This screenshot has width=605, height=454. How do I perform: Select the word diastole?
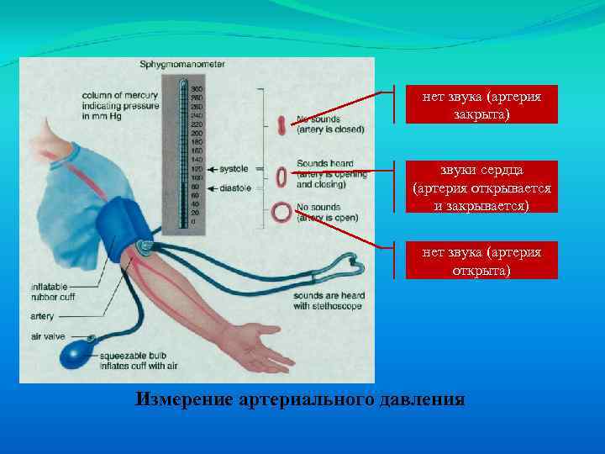tap(233, 187)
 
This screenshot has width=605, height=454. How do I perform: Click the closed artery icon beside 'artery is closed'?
tap(281, 125)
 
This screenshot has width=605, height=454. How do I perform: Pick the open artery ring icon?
tap(281, 213)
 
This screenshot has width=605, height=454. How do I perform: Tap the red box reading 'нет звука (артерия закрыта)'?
tap(481, 105)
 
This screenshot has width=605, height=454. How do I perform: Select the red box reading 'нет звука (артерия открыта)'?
tap(481, 261)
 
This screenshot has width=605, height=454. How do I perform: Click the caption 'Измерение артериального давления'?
tap(300, 399)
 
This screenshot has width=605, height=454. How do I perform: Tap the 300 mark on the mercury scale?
tap(195, 89)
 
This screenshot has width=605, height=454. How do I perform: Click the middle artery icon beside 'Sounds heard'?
tap(281, 177)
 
